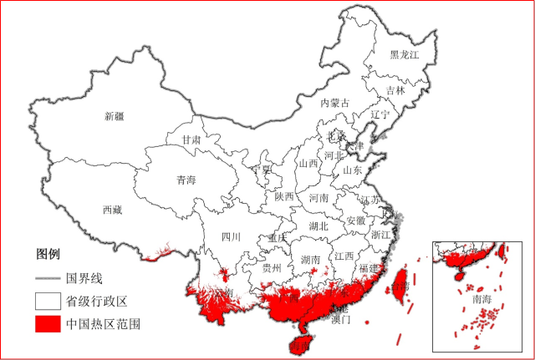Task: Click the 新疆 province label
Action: [114, 116]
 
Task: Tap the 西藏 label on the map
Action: [112, 210]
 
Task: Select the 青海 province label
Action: [186, 180]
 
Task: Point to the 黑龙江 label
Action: [404, 55]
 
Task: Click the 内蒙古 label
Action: [335, 103]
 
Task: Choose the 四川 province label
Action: [231, 236]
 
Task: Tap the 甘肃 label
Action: [191, 140]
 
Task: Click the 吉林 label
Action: [395, 90]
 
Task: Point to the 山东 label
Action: [352, 170]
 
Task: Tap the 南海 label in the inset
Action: [482, 298]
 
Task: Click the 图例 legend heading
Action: [48, 253]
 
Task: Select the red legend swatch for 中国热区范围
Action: [48, 323]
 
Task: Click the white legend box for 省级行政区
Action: [48, 300]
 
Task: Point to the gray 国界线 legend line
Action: [48, 277]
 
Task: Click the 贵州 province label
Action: [271, 268]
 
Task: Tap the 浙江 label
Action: [380, 236]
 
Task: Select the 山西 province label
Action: [308, 164]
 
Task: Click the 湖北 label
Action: [318, 226]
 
